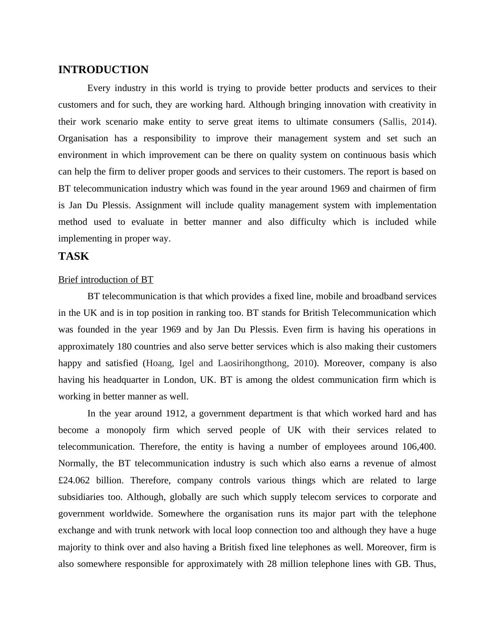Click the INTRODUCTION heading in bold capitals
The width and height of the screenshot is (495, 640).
[103, 70]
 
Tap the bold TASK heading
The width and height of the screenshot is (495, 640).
[74, 256]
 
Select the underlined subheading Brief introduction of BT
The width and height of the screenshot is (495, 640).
[106, 280]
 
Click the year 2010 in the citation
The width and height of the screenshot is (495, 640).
[304, 363]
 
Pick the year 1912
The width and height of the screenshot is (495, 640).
[176, 414]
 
